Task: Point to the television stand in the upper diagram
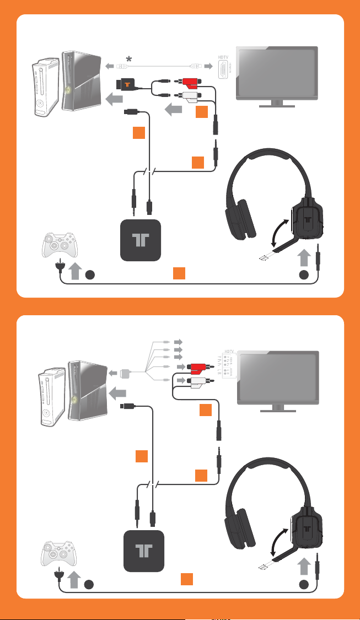tap(277, 104)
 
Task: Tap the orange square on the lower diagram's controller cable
tap(187, 578)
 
